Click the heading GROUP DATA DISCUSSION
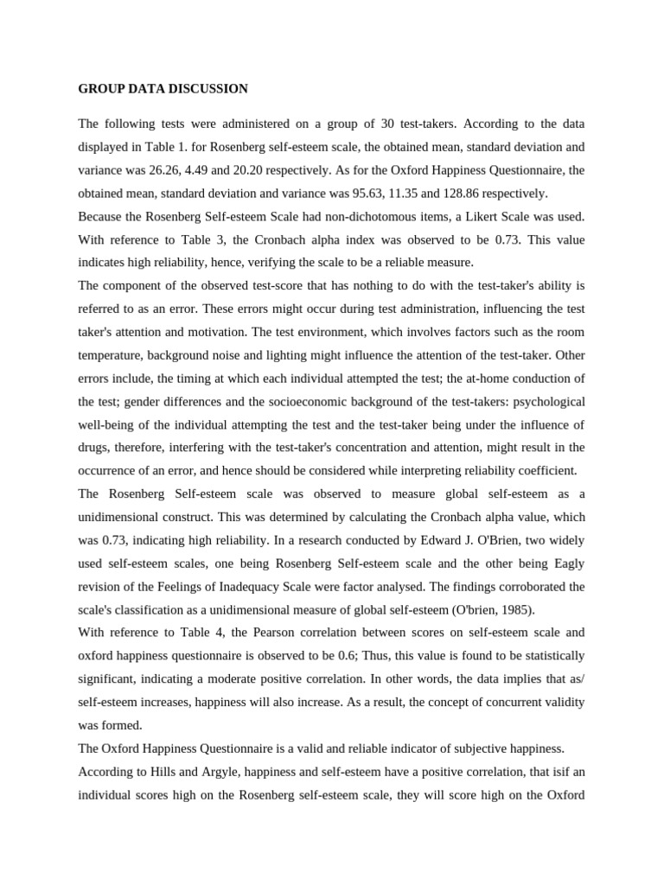point(163,89)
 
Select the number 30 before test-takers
point(390,124)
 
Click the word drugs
point(95,448)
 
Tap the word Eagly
point(565,563)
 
